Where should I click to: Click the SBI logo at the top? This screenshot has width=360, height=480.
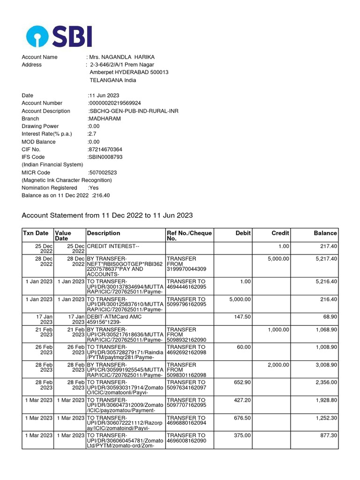point(59,36)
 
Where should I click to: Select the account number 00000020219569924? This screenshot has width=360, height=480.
point(115,103)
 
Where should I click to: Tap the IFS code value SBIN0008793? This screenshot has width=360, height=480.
point(105,157)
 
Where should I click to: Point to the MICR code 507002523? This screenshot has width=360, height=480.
point(103,172)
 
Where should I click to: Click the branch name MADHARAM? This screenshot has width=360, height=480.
point(105,119)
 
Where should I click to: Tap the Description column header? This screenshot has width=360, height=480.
point(104,233)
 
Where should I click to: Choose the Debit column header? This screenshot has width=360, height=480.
point(243,233)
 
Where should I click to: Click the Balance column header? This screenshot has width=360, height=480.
point(325,233)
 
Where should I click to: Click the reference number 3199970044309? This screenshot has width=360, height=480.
point(186,269)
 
